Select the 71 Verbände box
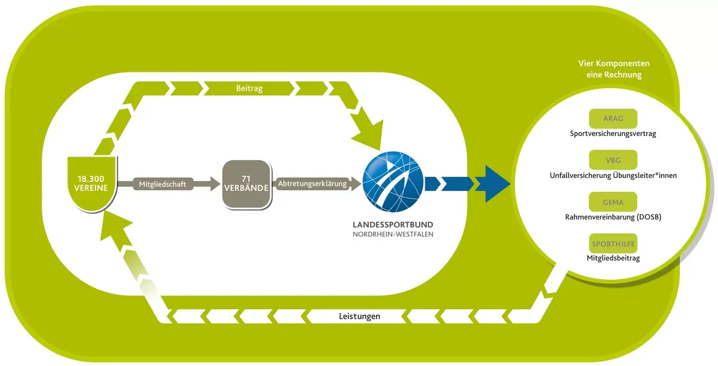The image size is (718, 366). (x=246, y=183)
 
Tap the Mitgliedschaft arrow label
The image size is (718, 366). (x=163, y=184)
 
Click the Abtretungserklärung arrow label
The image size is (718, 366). (x=312, y=184)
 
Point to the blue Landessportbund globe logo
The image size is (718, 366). (x=393, y=181)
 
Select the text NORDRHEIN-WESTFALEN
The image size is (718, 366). (x=393, y=235)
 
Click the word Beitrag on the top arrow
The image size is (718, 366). (x=250, y=89)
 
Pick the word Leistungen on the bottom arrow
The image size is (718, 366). (x=360, y=316)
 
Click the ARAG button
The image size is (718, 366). (x=613, y=118)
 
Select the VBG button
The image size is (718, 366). (x=613, y=159)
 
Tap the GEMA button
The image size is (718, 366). (x=613, y=202)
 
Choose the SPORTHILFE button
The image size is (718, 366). (x=613, y=244)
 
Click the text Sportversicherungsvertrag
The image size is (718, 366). (x=613, y=134)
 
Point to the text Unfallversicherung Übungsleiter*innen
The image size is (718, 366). (x=613, y=175)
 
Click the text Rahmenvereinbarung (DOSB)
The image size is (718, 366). (x=613, y=217)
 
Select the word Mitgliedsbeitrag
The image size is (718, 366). (x=613, y=258)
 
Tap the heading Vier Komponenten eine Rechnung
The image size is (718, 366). (x=614, y=69)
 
